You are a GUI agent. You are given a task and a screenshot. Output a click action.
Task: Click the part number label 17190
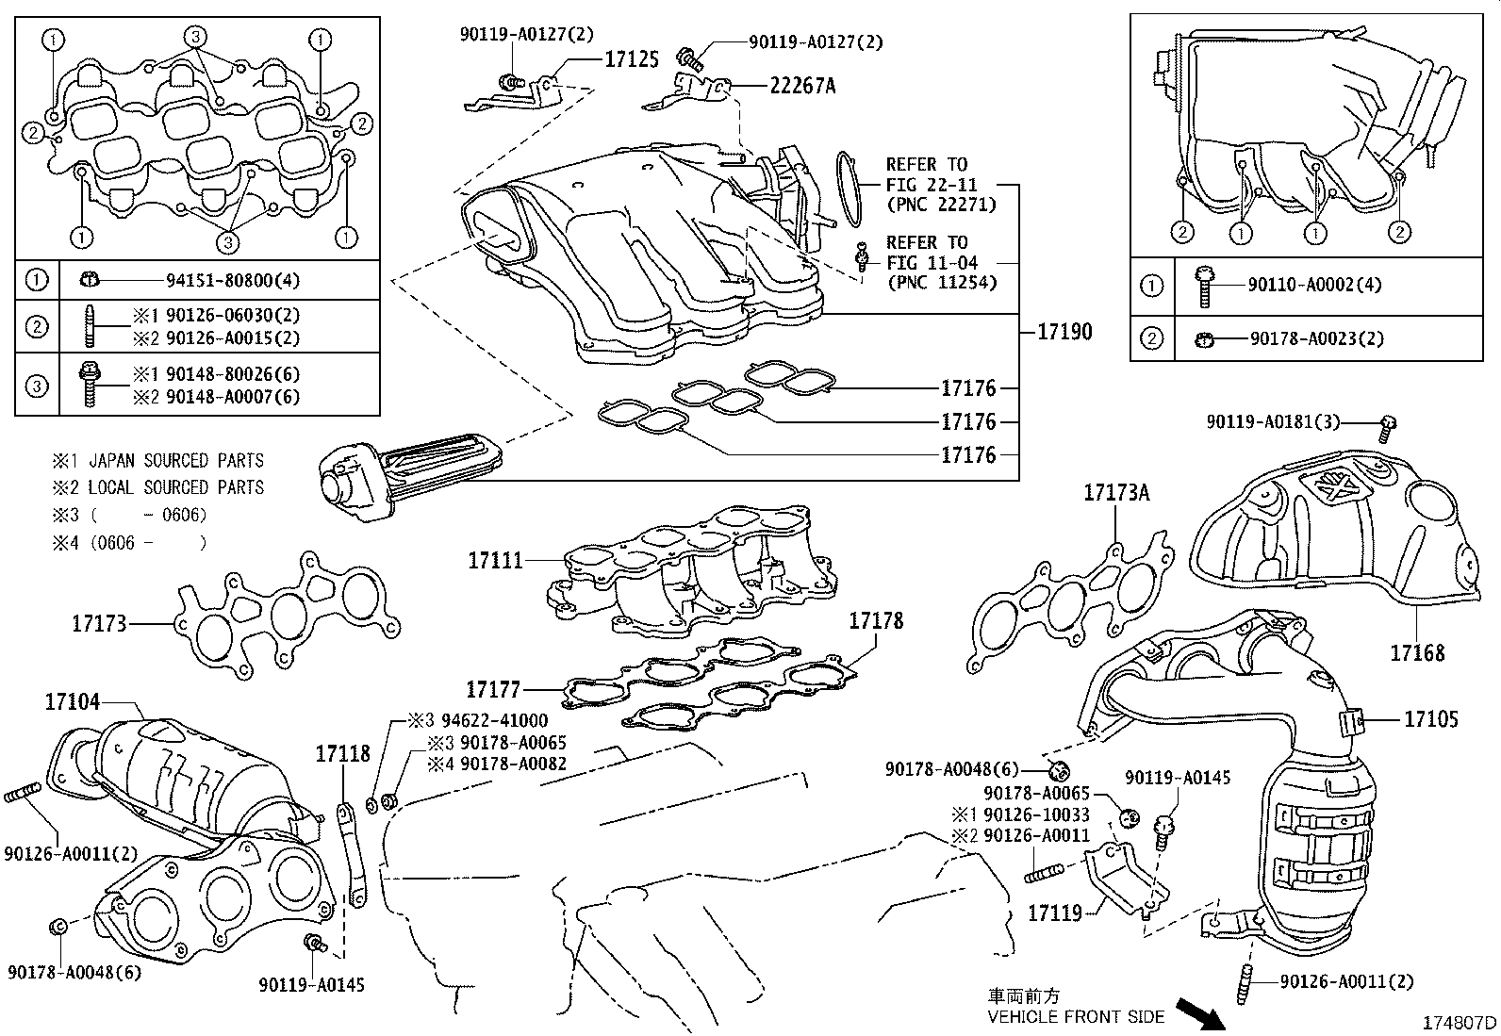click(1064, 332)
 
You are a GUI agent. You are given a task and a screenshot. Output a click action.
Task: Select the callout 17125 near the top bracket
click(631, 59)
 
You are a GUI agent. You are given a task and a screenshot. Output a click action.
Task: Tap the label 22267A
click(802, 87)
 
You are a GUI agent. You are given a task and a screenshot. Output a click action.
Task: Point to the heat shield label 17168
click(1417, 652)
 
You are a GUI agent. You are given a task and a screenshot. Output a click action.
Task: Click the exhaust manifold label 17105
click(1430, 719)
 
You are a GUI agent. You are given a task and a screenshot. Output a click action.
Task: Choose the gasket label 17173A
click(1117, 492)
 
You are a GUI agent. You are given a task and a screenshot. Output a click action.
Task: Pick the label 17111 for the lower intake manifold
click(495, 561)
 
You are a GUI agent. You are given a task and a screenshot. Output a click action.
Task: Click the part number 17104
click(72, 701)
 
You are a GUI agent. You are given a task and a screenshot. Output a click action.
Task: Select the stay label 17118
click(342, 753)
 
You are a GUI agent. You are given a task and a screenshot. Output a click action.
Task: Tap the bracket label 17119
click(1053, 913)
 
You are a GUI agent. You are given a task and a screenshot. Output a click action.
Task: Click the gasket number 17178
click(876, 620)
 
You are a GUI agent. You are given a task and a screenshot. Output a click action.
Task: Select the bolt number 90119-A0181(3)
click(1273, 423)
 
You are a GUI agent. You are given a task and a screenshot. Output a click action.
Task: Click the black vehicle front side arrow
click(1196, 1012)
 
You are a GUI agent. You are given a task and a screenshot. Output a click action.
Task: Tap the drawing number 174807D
click(1459, 1023)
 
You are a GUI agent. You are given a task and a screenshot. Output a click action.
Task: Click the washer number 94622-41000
click(489, 721)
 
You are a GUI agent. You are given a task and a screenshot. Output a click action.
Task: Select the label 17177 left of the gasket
click(494, 690)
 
